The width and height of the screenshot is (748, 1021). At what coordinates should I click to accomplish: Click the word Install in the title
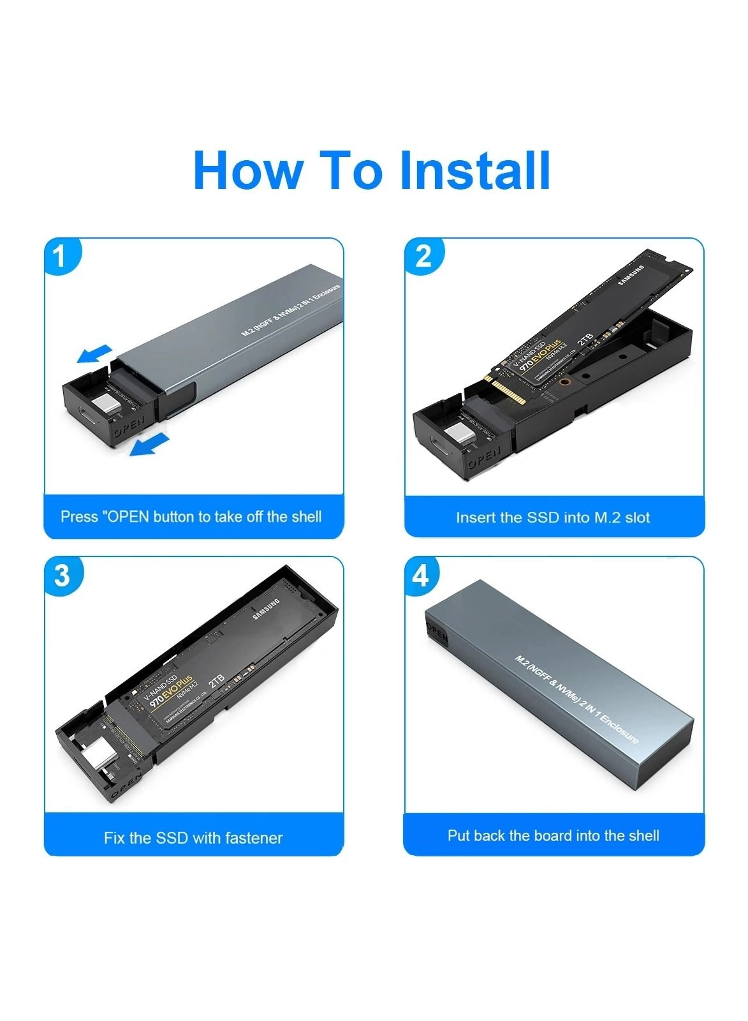[474, 170]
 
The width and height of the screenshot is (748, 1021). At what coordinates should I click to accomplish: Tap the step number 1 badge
[61, 257]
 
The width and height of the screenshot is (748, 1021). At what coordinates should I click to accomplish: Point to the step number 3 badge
[61, 576]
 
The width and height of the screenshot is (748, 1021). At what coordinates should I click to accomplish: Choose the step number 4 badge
[421, 576]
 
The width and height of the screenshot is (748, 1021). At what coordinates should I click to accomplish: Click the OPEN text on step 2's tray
[485, 458]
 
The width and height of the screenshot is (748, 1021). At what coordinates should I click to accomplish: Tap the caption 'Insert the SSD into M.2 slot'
[553, 518]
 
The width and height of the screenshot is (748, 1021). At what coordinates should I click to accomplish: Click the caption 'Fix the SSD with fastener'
[193, 838]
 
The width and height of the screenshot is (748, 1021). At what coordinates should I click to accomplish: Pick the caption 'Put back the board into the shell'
[553, 836]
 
